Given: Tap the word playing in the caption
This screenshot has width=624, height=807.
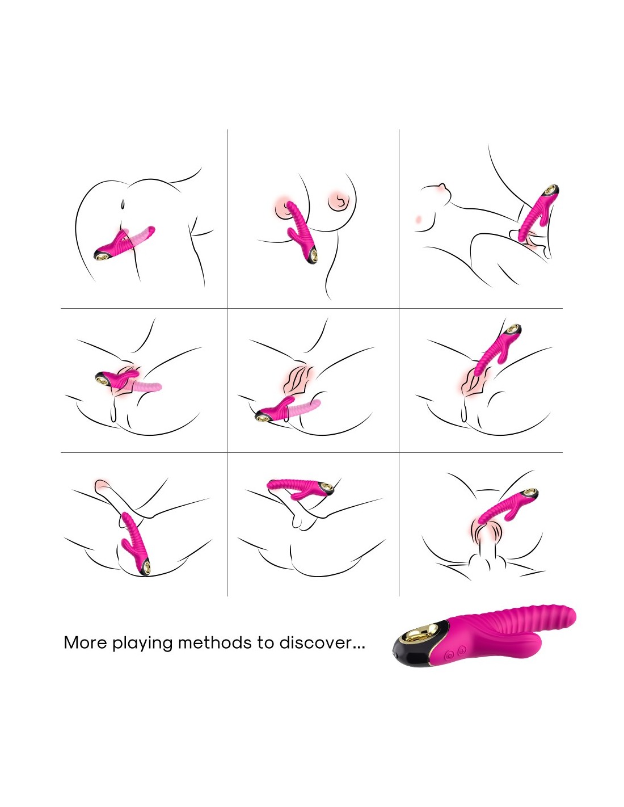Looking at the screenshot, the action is coord(142,644).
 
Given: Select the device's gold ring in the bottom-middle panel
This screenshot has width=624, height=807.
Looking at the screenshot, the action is coord(326,487).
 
